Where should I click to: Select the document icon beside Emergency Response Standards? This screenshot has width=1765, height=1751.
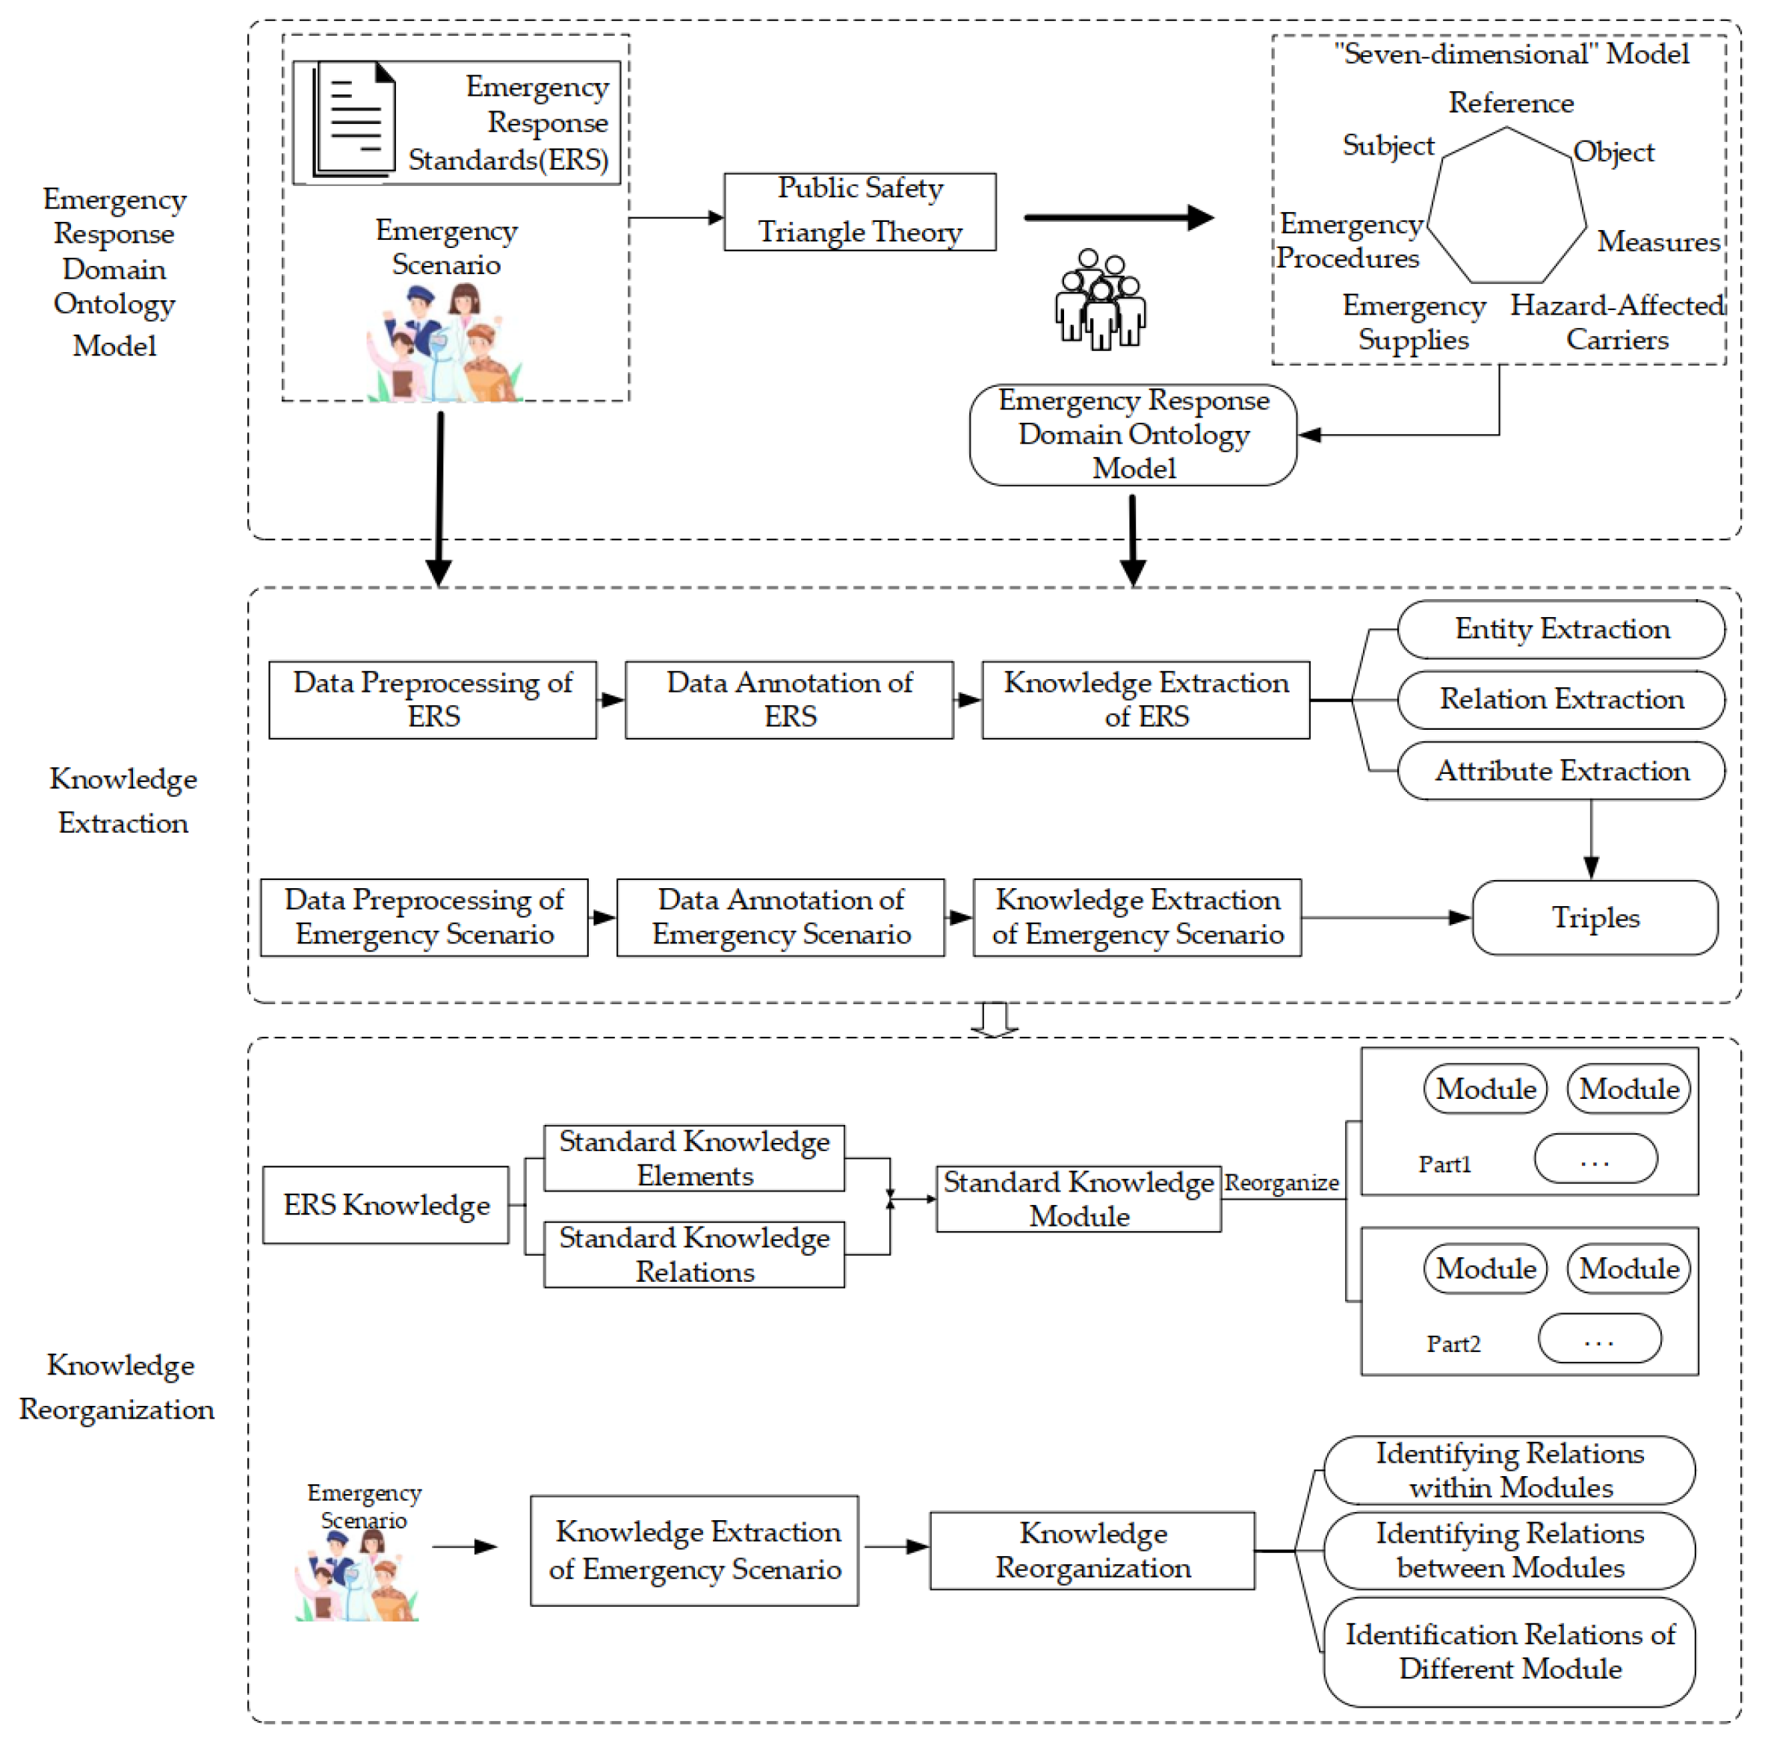coord(354,119)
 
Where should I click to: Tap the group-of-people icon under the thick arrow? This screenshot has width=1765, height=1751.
coord(1100,299)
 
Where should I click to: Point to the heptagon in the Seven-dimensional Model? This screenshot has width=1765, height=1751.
coord(1506,206)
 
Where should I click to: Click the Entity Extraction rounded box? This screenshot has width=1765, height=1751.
coord(1560,629)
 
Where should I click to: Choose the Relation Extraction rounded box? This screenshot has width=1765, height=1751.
coord(1560,700)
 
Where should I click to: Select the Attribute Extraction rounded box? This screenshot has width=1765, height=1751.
coord(1560,771)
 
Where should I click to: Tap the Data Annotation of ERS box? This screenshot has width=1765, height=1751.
coord(788,700)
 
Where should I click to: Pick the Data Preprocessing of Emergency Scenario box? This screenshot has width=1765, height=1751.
coord(424,917)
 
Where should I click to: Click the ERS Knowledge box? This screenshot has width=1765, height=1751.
coord(386,1205)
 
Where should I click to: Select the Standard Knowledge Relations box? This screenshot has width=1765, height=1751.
coord(693,1254)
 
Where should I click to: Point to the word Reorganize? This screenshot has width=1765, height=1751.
coord(1281,1183)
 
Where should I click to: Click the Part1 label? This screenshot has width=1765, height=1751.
coord(1444,1165)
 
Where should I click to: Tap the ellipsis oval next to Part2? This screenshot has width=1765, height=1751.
coord(1598,1339)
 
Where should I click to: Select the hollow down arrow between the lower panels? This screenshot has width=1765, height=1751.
coord(994,1020)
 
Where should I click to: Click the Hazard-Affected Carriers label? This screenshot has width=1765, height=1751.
coord(1616,321)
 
